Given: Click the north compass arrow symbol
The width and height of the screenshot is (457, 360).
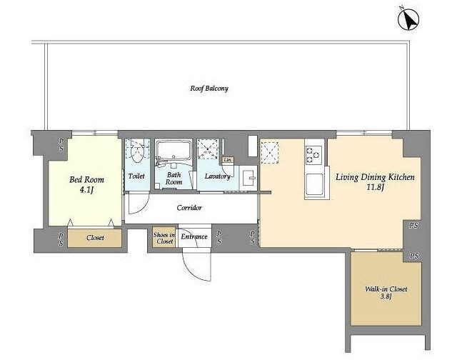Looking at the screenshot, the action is click(408, 19).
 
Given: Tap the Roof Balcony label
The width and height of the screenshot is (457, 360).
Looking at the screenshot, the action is click(209, 89).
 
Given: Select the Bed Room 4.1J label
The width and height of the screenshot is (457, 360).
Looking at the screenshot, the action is click(86, 184).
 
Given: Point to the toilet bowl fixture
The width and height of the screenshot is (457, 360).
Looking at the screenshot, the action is click(136, 152).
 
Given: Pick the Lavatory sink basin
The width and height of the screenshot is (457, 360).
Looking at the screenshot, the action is click(249, 177).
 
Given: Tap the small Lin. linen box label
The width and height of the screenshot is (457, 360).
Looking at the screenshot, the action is click(228, 160).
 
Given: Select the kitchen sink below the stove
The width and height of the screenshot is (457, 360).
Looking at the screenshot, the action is click(314, 185).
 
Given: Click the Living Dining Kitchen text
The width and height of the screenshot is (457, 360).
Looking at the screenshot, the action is click(375, 177).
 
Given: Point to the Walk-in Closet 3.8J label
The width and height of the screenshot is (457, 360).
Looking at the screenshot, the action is click(386, 293).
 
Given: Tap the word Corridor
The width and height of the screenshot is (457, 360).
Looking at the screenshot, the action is click(189, 208).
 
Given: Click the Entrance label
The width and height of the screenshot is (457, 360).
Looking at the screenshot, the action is click(194, 236).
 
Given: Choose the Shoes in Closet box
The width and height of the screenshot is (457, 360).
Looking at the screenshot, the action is click(164, 238).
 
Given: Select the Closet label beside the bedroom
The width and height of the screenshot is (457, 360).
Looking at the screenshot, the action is click(95, 238).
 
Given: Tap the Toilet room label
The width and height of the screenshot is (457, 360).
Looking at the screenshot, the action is click(136, 176).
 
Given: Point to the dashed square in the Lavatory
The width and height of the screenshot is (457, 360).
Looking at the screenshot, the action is click(208, 149).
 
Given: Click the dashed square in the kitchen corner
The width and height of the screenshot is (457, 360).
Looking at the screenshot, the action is click(270, 152).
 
